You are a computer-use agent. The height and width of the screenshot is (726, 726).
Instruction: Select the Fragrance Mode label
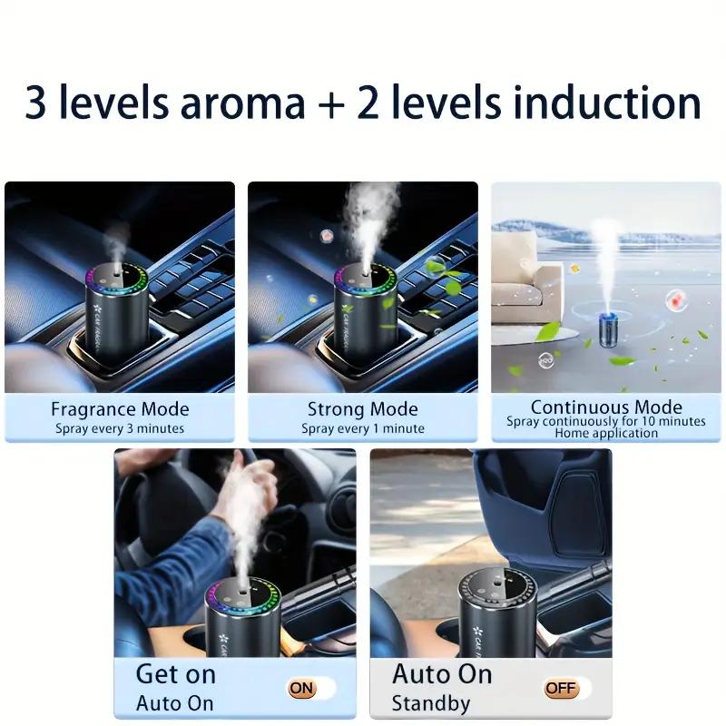(x=120, y=408)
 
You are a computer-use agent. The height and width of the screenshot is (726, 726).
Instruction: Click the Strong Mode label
(x=363, y=408)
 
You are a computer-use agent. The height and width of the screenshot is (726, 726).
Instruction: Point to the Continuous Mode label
(x=606, y=407)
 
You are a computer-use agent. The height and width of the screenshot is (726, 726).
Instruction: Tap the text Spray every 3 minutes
(x=120, y=428)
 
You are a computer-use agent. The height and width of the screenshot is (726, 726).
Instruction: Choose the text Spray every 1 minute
(x=363, y=428)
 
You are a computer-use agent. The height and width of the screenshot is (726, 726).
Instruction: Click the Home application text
(x=606, y=434)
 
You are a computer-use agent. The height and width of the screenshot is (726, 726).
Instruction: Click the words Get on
(x=176, y=674)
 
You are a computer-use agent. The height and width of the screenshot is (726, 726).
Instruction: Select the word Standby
(x=431, y=702)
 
